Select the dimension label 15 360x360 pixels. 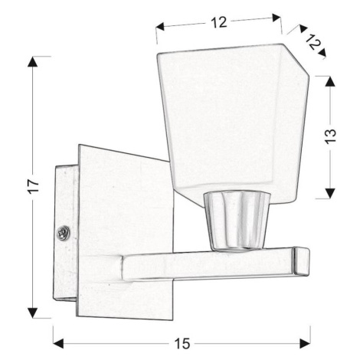click(x=182, y=343)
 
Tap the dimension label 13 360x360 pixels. click(x=330, y=136)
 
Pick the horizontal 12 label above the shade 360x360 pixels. click(x=219, y=22)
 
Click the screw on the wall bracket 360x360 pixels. click(x=63, y=233)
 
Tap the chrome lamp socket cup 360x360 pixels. click(x=237, y=221)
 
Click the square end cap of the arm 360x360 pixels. click(x=301, y=261)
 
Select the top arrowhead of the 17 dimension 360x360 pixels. click(x=32, y=61)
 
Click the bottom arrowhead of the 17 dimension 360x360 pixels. click(x=32, y=313)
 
